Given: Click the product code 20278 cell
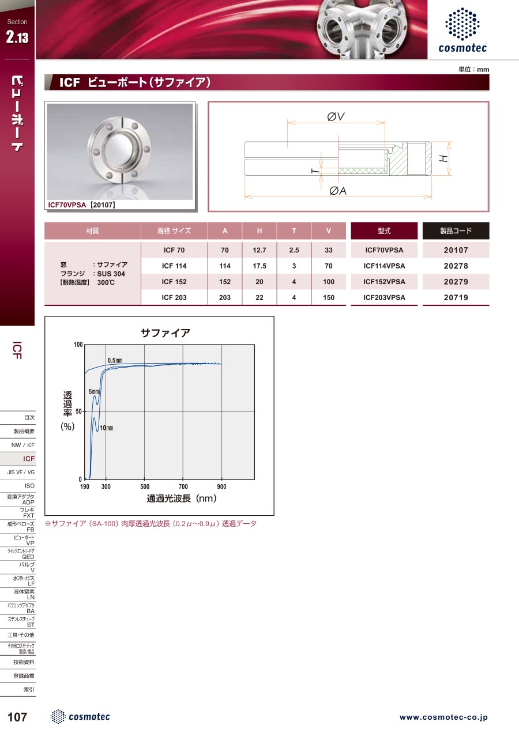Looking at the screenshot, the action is [x=456, y=266].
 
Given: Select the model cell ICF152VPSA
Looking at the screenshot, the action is [x=384, y=282].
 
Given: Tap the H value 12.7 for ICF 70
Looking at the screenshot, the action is [x=259, y=250].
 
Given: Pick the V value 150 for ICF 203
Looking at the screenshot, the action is [x=329, y=297].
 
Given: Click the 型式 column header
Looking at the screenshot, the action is [x=384, y=231].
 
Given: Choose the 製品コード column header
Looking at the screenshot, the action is [x=456, y=231].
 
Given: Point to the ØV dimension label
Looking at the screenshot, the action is [x=336, y=116].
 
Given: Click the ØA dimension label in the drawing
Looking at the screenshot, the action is [x=338, y=190].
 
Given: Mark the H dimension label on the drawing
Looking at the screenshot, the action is [x=443, y=158].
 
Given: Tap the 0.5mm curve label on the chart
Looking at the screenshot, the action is [x=115, y=360].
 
